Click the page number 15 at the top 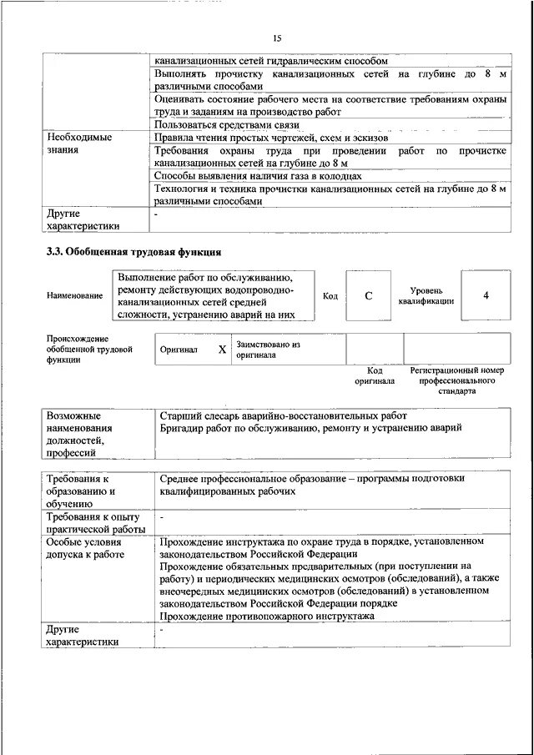(x=278, y=38)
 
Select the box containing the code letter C (x=368, y=295)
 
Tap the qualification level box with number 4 (x=486, y=295)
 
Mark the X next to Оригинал (x=222, y=350)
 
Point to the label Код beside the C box (x=330, y=296)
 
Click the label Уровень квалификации (x=426, y=295)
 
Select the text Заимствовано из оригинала (x=268, y=349)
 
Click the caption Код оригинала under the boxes (x=375, y=375)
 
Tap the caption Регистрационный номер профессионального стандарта (x=457, y=380)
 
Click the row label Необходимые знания (x=79, y=143)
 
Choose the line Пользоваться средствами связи (x=215, y=124)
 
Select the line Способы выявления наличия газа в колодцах (x=258, y=176)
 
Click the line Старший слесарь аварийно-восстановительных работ (x=284, y=415)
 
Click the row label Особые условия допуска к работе (x=86, y=547)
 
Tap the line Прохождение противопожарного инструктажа (x=267, y=615)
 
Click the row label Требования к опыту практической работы (x=96, y=523)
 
